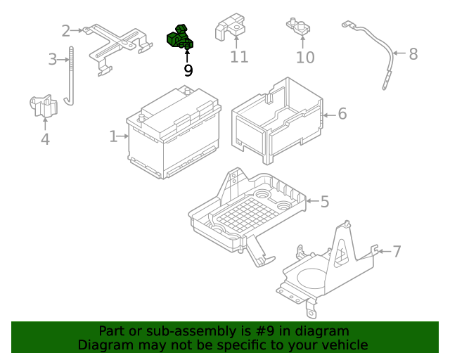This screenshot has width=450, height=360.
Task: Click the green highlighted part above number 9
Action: click(x=180, y=38)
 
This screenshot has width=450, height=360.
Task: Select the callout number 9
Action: click(x=188, y=70)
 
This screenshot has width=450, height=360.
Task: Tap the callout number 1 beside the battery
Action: click(x=113, y=136)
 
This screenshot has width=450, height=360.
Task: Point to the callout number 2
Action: click(x=66, y=30)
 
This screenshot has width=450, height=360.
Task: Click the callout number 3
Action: click(x=53, y=59)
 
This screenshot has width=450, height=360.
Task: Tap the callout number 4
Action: click(x=45, y=139)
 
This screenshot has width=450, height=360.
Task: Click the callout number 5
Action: click(x=324, y=202)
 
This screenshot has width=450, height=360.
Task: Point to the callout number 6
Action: click(x=342, y=113)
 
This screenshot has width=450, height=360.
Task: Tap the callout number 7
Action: click(x=397, y=251)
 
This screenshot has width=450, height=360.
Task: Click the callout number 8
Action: click(x=413, y=53)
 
